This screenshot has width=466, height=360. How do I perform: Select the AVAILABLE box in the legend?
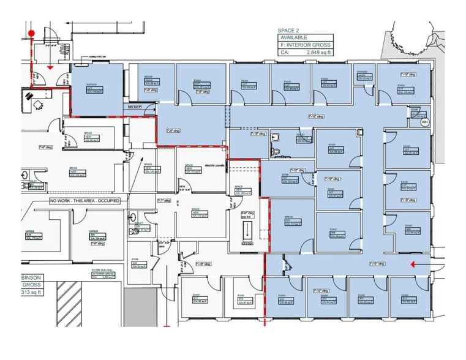(303, 37)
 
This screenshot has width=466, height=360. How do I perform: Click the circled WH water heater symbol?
(423, 122)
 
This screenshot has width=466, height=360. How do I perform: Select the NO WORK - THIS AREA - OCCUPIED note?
(85, 200)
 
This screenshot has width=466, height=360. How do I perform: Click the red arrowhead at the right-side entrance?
(415, 264)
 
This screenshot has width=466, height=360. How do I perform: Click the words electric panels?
(216, 165)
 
